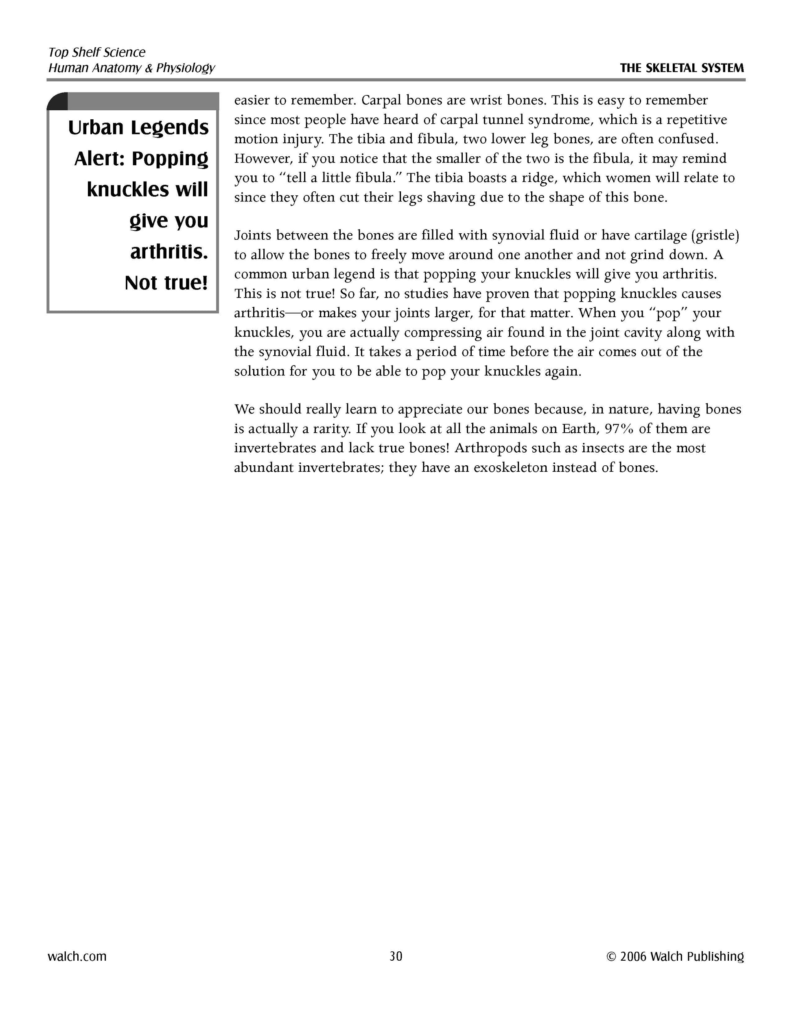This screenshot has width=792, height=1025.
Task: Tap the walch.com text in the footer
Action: coord(77,956)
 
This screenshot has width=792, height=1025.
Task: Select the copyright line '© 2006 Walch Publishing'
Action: coord(675,957)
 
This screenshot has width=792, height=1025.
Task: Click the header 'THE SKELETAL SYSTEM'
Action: coord(682,68)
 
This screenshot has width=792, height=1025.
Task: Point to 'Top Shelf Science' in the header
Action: coord(96,52)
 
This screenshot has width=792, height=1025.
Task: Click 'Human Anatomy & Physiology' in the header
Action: coord(131,68)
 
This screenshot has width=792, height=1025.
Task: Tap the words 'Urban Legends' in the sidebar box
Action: coord(138,128)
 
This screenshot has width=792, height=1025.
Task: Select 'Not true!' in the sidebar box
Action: coord(166,283)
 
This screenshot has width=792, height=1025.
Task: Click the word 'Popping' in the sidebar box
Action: coord(170,159)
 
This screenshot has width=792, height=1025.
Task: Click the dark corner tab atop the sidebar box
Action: coord(58,101)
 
